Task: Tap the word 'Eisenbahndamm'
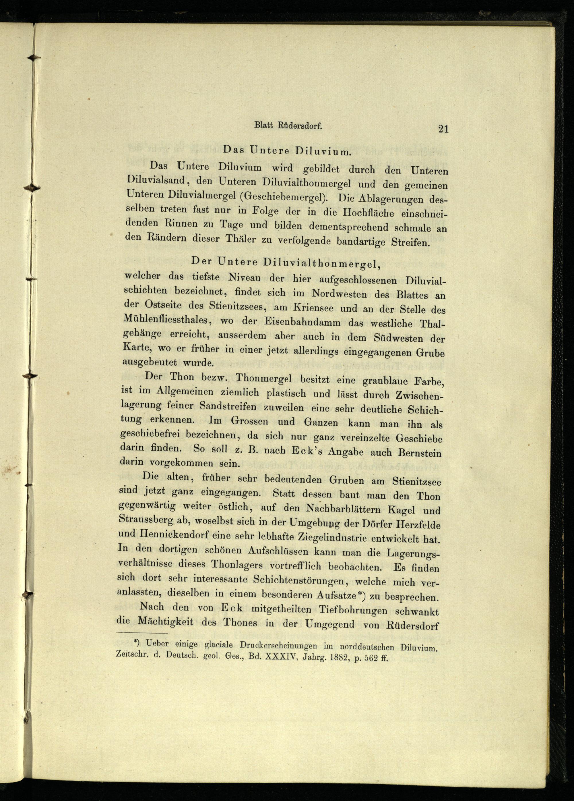[314, 323]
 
